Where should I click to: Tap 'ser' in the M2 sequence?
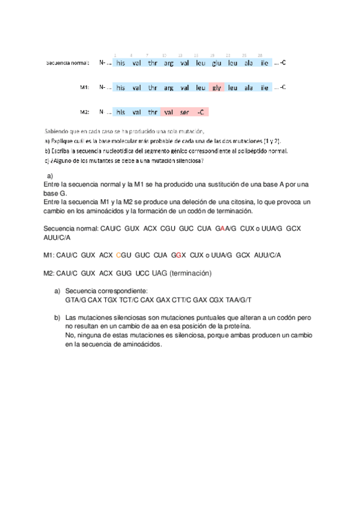tap(185, 112)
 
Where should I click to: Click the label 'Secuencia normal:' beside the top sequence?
tap(68, 63)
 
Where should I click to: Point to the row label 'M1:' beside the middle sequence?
tap(85, 88)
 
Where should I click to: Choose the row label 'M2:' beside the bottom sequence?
tap(85, 112)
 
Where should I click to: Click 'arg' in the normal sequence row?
tap(168, 63)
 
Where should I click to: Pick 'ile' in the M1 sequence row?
tap(264, 88)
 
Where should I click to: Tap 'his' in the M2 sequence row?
tap(121, 112)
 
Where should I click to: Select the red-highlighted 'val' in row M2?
tap(168, 112)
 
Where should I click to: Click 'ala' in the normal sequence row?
tap(248, 63)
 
